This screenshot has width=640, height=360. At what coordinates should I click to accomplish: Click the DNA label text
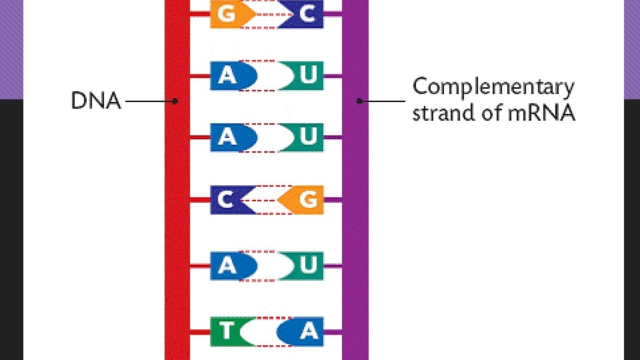tap(96, 101)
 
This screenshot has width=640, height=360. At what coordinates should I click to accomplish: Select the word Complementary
tap(493, 87)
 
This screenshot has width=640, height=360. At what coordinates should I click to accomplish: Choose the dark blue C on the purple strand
tap(303, 15)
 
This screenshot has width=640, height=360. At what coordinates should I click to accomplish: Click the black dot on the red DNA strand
tap(175, 101)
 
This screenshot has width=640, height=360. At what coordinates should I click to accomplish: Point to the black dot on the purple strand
tap(359, 101)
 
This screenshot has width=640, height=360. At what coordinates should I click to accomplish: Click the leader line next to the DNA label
tap(148, 101)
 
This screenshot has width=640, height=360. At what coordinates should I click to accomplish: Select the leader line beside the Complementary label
tap(383, 101)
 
